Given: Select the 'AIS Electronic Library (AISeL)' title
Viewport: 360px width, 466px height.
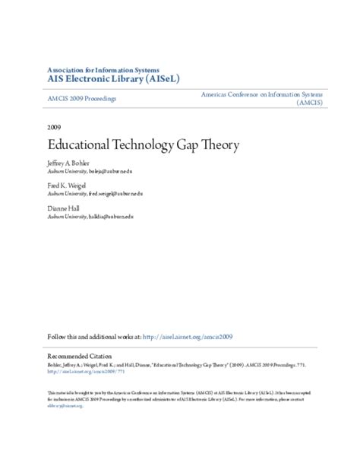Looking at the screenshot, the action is [113, 80].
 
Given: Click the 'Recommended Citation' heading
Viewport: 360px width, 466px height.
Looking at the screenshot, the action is [79, 355].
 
